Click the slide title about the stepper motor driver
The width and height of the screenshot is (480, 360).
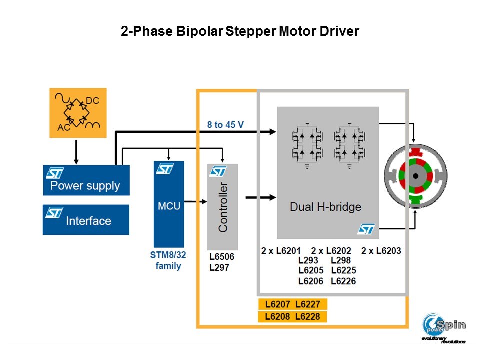coord(240,32)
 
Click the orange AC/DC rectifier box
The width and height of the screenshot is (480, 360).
coord(78,112)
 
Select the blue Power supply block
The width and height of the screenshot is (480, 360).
coord(86,180)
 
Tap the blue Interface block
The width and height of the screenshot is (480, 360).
coord(86,220)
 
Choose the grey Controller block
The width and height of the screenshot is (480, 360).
coord(222,207)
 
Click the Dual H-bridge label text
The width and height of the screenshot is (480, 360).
coord(326,207)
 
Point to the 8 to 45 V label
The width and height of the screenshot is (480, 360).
coord(225,124)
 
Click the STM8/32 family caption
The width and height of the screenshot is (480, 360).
coord(168,260)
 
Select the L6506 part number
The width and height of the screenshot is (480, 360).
coord(222,256)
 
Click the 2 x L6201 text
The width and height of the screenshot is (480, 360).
coord(281,250)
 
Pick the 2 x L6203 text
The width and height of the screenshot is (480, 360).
coord(381,250)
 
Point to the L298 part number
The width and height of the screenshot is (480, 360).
coord(341,260)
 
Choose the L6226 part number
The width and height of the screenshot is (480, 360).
coord(343,281)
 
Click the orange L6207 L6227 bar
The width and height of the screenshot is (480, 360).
coord(292,304)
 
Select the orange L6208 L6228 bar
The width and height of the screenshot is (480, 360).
coord(292,317)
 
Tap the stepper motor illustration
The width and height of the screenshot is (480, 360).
coord(415,176)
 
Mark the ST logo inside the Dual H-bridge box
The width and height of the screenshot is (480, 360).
coord(366,229)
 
